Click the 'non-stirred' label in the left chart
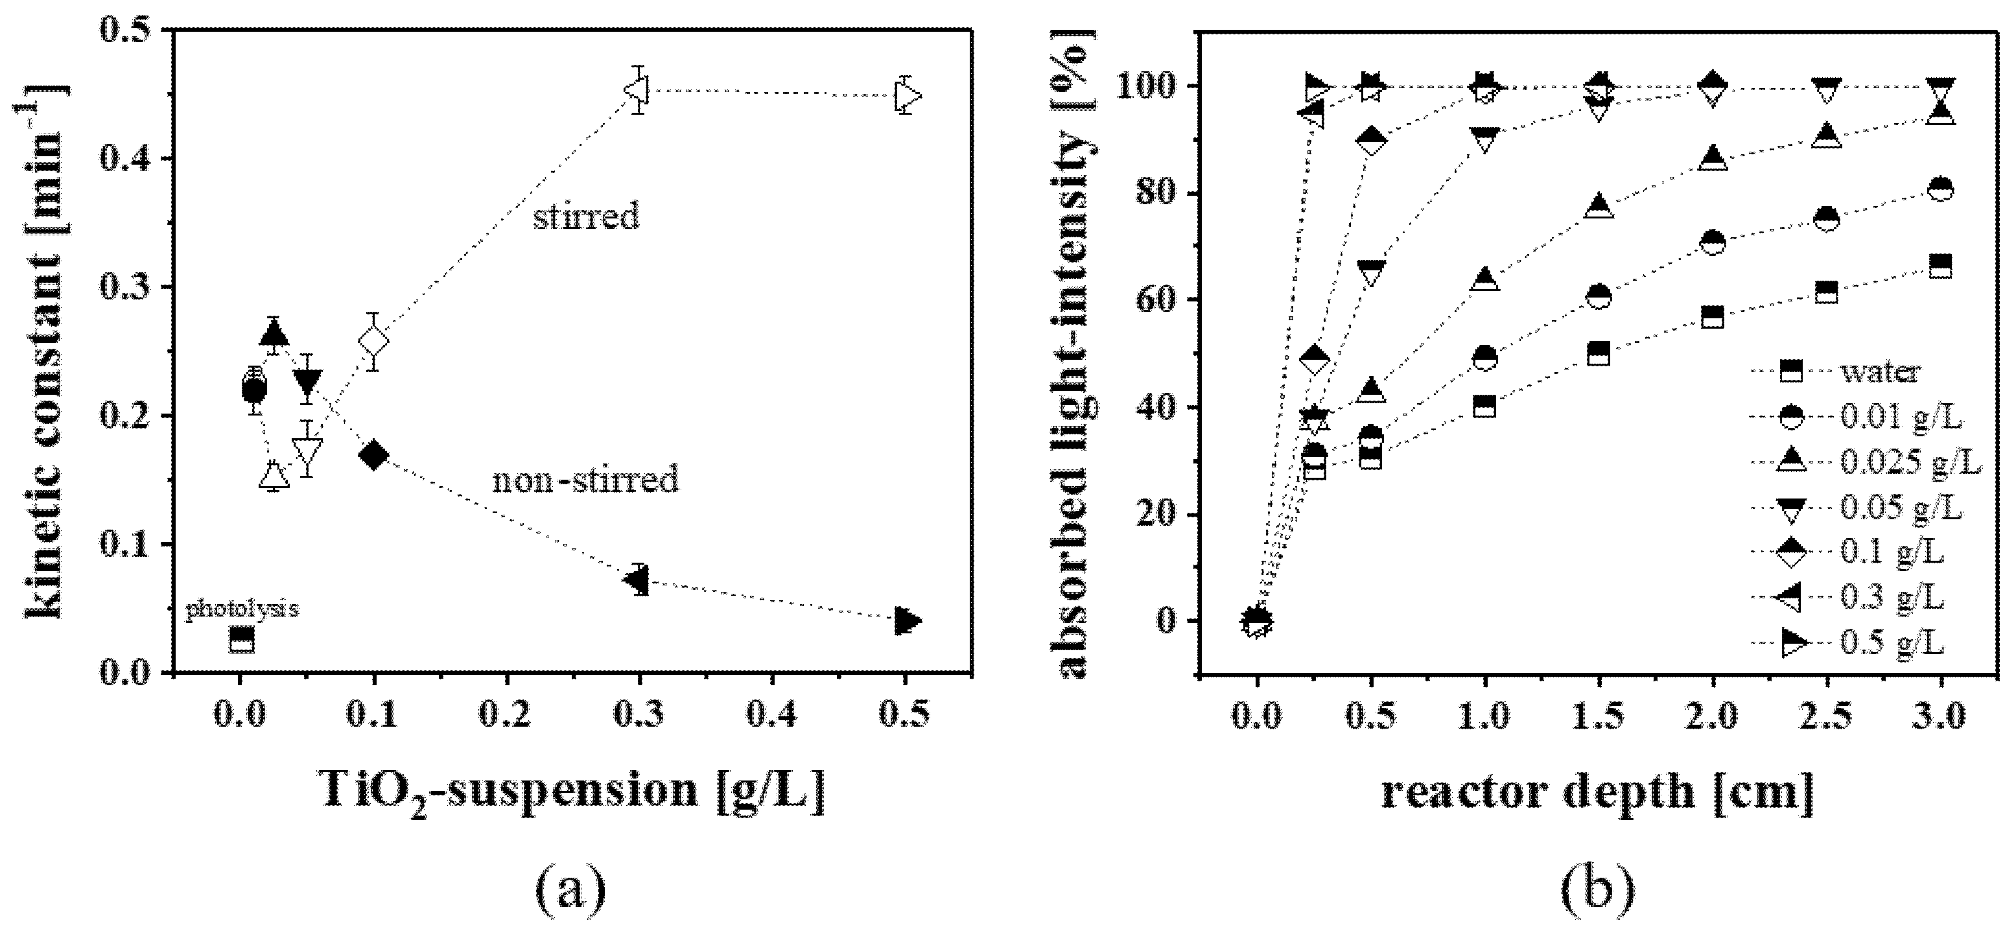tap(585, 479)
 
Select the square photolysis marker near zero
tap(242, 640)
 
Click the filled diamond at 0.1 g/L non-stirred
tap(373, 455)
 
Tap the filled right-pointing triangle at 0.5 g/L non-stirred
tap(907, 621)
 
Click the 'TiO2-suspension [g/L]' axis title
tap(574, 791)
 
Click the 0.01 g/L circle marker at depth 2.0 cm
tap(1713, 242)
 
